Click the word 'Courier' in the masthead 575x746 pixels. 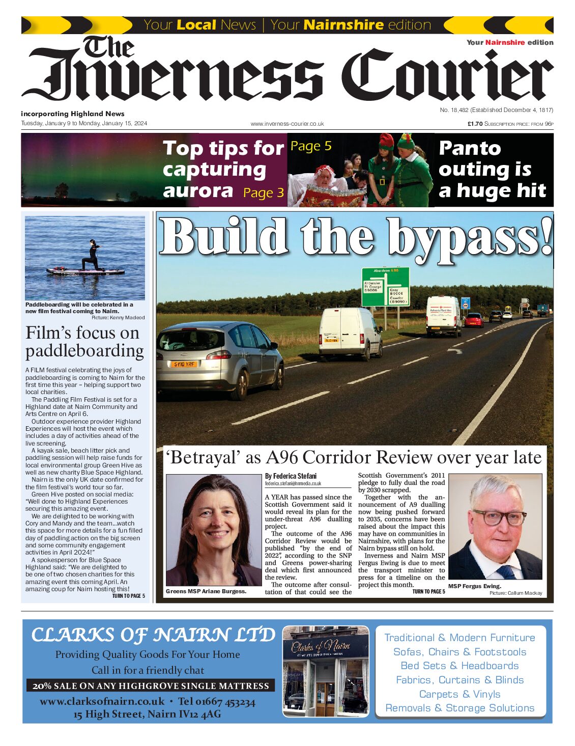tap(447, 75)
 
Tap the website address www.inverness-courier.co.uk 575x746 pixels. tap(287, 124)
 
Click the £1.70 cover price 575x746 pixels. tap(475, 124)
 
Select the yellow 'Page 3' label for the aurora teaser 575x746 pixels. tap(264, 193)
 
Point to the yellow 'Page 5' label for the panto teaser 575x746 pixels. tap(310, 146)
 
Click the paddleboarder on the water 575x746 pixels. tap(93, 256)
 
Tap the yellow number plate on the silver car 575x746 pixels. tap(184, 364)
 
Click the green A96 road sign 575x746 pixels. tap(385, 287)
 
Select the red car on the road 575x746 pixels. tap(474, 320)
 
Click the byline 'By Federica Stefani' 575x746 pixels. tap(290, 476)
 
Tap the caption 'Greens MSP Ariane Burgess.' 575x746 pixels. tap(206, 591)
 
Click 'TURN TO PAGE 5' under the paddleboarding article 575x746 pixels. tap(128, 596)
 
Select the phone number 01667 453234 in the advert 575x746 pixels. tap(225, 702)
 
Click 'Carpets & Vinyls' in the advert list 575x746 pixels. tap(459, 694)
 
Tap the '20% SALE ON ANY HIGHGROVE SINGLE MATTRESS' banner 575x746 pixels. tap(151, 686)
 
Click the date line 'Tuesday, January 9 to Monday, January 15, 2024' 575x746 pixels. tap(84, 123)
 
